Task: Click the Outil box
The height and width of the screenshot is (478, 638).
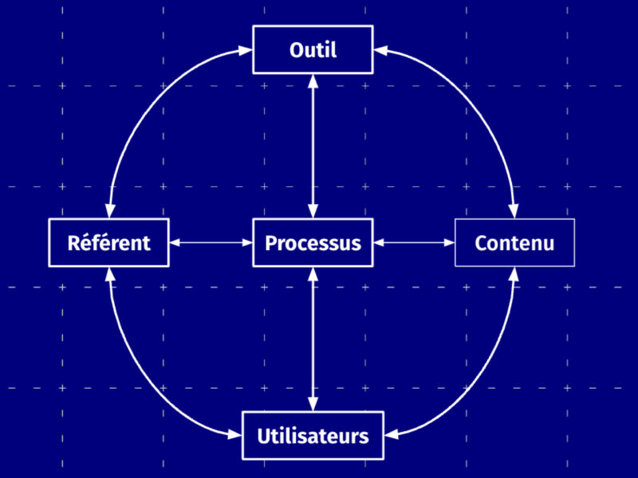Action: tap(313, 49)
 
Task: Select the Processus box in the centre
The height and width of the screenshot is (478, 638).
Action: tap(313, 242)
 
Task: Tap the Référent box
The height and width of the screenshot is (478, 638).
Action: tap(108, 242)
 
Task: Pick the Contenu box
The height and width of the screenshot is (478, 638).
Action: tap(514, 242)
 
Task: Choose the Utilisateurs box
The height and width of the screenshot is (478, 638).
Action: tap(313, 435)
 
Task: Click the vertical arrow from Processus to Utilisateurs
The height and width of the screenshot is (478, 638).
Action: tap(313, 339)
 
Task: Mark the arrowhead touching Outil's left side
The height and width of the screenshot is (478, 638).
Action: tap(246, 51)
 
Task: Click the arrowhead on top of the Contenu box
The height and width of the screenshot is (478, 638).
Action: tap(514, 212)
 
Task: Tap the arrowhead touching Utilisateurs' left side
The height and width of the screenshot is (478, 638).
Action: tap(236, 435)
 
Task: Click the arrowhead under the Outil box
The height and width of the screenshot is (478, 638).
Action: tap(313, 80)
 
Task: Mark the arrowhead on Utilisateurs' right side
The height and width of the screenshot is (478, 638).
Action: tap(390, 435)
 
